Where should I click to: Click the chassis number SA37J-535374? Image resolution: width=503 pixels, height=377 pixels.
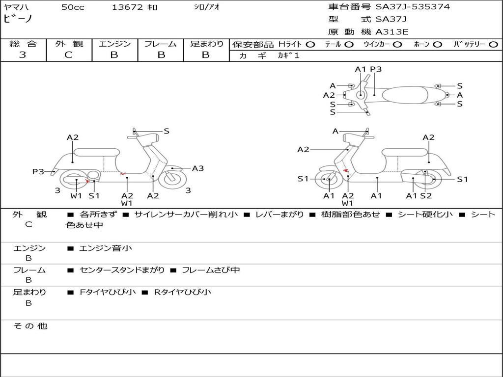point(413,7)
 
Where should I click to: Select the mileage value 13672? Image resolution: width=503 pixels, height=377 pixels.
point(127,7)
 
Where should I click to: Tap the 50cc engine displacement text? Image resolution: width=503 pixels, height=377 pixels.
point(73,7)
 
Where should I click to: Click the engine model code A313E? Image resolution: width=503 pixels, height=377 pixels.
point(392,32)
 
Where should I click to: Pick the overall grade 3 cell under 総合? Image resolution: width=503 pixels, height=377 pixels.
point(23,55)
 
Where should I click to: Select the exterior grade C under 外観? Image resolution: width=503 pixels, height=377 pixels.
point(68,55)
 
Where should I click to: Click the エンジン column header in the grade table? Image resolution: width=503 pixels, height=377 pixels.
point(114,44)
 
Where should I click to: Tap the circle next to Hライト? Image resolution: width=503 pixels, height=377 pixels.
point(310,44)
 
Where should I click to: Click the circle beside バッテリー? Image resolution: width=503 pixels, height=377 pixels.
point(493,44)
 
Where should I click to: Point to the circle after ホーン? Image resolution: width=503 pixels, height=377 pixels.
point(437,44)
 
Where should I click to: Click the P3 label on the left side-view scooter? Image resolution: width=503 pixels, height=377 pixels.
point(38,172)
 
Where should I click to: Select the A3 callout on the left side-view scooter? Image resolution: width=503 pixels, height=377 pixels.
point(198,168)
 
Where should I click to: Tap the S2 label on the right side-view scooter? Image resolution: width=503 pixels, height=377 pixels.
point(426,196)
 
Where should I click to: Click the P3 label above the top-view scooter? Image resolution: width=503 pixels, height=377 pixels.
point(376,69)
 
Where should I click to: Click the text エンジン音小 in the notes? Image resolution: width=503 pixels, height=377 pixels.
point(106,248)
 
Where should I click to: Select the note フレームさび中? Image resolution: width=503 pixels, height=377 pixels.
point(211,270)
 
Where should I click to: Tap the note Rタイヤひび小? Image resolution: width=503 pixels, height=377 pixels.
point(183,292)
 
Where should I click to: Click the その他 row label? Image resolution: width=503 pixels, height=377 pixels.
point(30,326)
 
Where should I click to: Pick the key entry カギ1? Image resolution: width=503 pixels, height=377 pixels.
point(288,55)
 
